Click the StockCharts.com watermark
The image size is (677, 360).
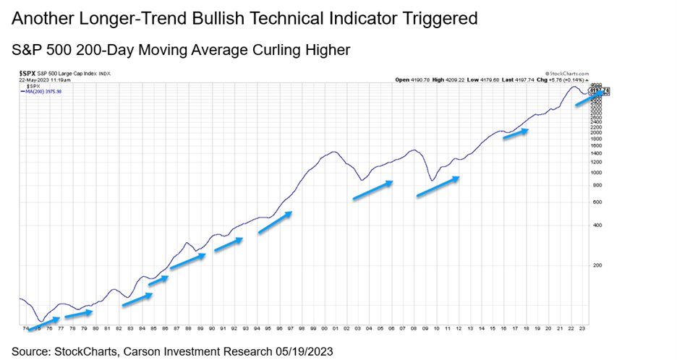tap(568, 73)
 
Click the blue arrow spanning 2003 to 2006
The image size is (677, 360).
tap(372, 189)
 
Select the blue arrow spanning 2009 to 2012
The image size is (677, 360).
tap(437, 186)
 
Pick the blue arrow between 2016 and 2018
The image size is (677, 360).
tap(516, 134)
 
